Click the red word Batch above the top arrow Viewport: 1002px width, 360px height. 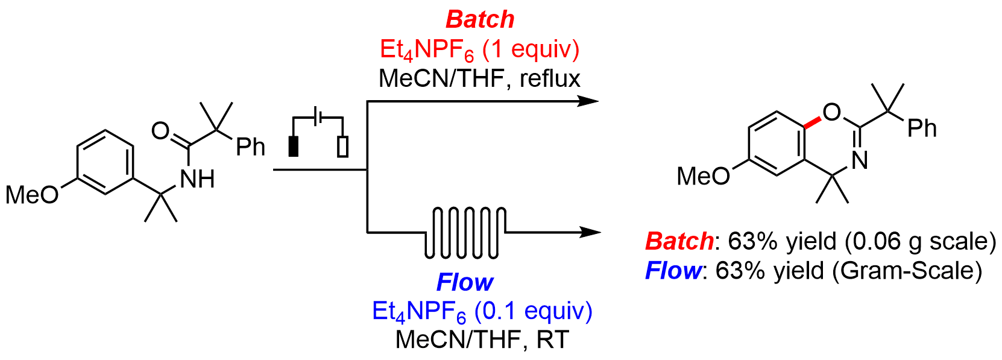tap(480, 19)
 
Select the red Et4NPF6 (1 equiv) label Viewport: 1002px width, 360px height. tap(479, 49)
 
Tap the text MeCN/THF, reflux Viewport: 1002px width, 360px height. tap(479, 78)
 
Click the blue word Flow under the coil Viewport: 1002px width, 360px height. tap(464, 282)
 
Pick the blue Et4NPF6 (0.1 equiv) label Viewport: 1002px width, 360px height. tap(482, 311)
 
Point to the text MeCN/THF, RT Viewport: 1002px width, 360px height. tap(482, 339)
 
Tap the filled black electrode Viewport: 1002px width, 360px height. tap(294, 147)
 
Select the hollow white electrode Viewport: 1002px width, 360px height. tap(342, 147)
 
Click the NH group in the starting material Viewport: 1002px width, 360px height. tap(197, 178)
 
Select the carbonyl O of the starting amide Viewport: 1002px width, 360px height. tap(160, 130)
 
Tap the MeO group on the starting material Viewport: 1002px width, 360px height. tap(32, 195)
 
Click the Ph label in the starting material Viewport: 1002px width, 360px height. tap(250, 146)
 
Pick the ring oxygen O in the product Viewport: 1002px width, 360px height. tap(831, 112)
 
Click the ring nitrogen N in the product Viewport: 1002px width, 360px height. tap(860, 160)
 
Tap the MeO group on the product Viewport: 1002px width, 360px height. tap(703, 176)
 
